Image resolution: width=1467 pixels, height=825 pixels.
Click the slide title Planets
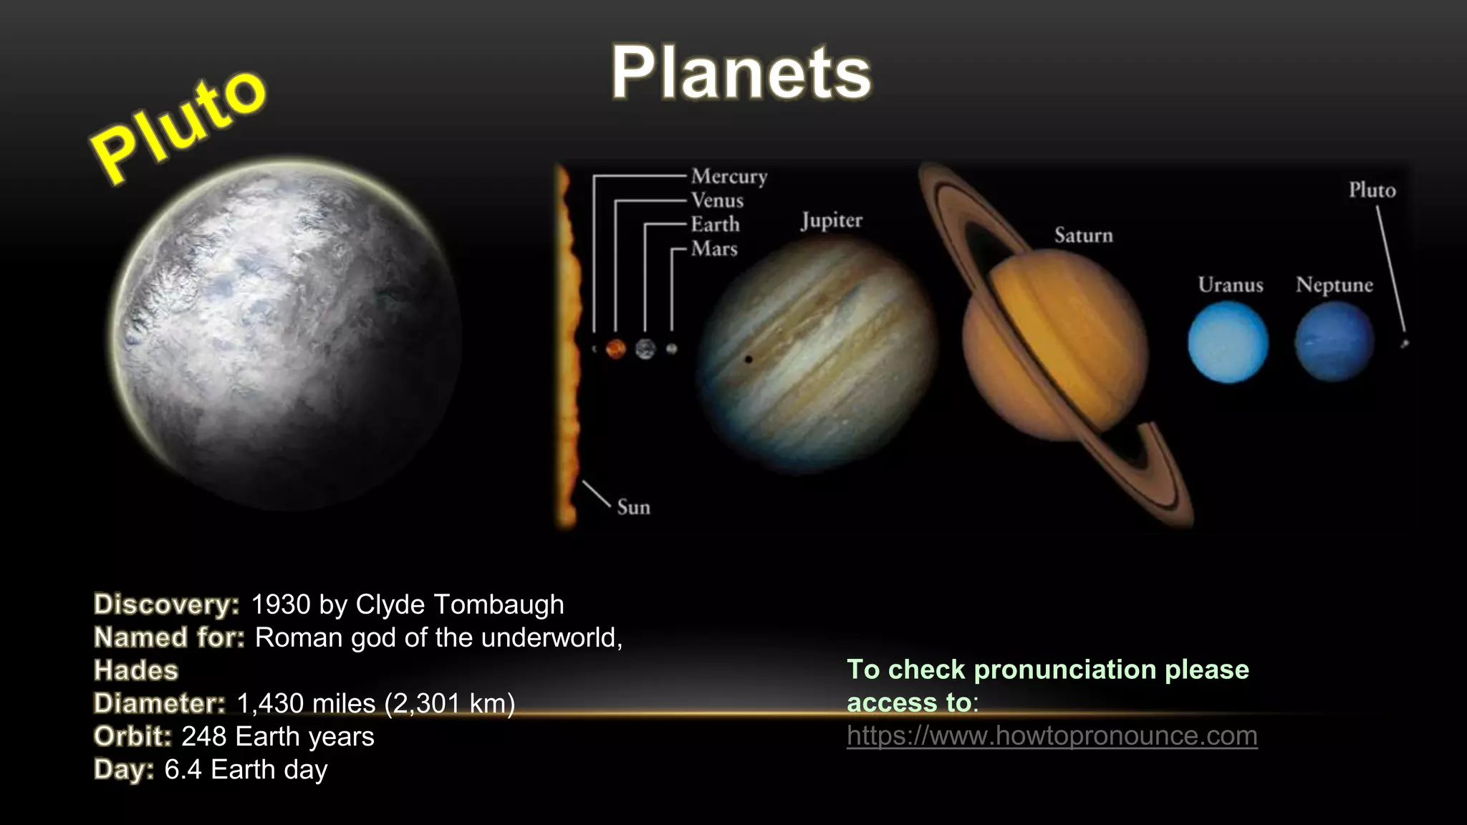741,73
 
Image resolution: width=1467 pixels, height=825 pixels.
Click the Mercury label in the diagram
728,176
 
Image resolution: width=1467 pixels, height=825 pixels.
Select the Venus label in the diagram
717,201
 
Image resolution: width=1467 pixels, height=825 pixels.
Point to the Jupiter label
831,221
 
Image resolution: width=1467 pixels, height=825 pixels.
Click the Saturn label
1083,235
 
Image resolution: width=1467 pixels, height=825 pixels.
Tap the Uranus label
1230,285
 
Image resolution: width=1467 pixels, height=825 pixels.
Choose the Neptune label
1334,285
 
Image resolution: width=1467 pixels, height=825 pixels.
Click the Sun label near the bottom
633,507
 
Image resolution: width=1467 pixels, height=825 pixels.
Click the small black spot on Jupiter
749,359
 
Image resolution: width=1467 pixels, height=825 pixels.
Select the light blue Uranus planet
1228,342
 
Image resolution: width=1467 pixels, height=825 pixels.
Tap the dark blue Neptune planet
1334,342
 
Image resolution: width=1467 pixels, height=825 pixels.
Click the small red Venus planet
615,349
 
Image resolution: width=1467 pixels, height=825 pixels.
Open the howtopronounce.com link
1052,735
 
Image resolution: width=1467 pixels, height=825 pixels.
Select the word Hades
136,670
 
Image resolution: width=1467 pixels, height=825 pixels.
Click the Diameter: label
160,703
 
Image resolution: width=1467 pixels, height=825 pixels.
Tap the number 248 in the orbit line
203,736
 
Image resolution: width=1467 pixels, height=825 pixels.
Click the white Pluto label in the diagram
1372,190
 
